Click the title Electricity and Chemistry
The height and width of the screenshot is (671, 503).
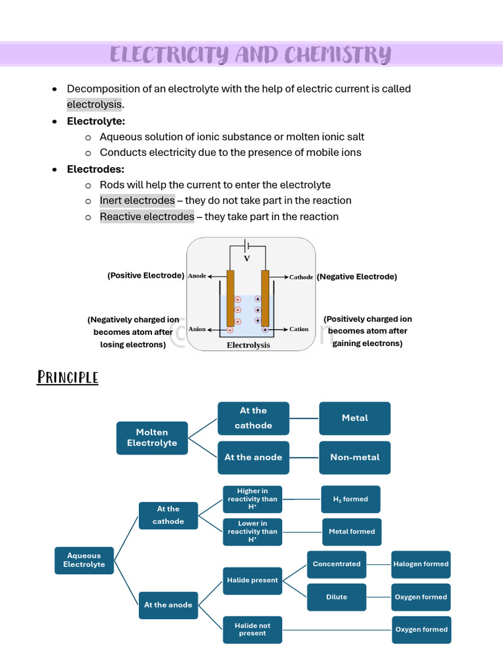click(x=250, y=54)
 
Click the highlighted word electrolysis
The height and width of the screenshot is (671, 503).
click(x=94, y=104)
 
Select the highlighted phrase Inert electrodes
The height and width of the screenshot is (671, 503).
click(x=137, y=201)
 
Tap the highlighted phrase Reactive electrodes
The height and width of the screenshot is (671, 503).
click(x=147, y=217)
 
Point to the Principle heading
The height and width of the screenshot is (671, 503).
click(x=67, y=377)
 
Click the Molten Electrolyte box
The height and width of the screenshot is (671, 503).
click(x=152, y=438)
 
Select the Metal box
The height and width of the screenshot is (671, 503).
click(x=354, y=418)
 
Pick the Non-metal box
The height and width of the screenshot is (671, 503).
click(x=354, y=457)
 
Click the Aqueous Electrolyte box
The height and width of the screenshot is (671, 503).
click(x=84, y=560)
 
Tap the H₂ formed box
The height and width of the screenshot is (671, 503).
click(x=350, y=499)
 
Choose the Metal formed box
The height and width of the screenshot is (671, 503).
click(x=352, y=531)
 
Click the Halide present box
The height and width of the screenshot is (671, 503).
click(x=252, y=581)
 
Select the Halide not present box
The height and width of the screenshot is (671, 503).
click(x=252, y=630)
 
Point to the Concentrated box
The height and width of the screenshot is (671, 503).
click(x=337, y=564)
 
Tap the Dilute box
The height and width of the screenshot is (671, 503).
click(x=337, y=597)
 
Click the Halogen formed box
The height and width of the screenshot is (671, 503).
click(x=421, y=564)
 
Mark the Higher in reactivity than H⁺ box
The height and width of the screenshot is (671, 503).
click(x=252, y=499)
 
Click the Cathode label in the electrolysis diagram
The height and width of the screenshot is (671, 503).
click(x=301, y=277)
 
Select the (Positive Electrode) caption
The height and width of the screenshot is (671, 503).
click(x=145, y=276)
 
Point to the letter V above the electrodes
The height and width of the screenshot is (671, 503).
click(x=247, y=259)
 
